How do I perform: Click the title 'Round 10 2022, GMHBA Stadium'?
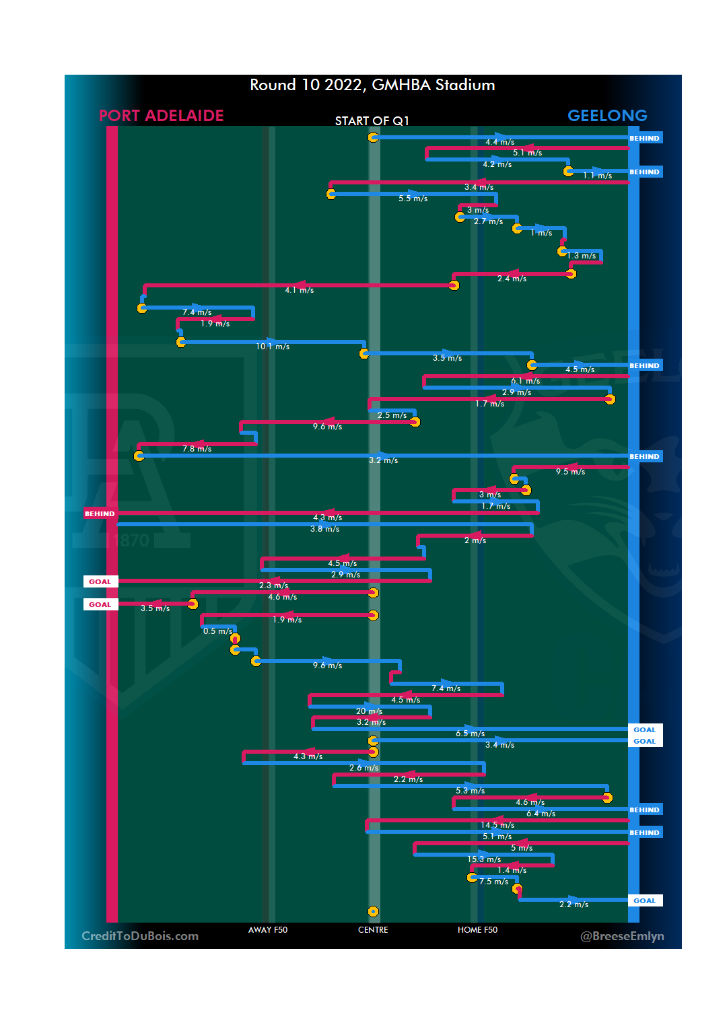372,85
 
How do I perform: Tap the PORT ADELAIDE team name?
161,116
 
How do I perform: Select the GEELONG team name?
607,116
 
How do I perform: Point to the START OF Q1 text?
372,121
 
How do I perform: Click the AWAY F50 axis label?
268,930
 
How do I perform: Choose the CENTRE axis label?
373,930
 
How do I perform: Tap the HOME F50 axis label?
477,930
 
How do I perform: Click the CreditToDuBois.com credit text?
140,936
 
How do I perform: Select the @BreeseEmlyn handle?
622,936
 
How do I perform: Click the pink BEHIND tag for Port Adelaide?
100,513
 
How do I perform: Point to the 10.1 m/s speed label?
273,347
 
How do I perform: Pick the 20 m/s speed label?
369,711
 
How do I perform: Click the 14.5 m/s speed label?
497,825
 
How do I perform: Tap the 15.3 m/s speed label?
484,859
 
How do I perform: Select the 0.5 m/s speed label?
217,631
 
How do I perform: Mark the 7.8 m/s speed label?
197,449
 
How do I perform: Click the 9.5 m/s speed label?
570,472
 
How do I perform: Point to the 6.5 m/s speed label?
470,734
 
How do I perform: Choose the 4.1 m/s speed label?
299,290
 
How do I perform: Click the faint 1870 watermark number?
127,540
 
